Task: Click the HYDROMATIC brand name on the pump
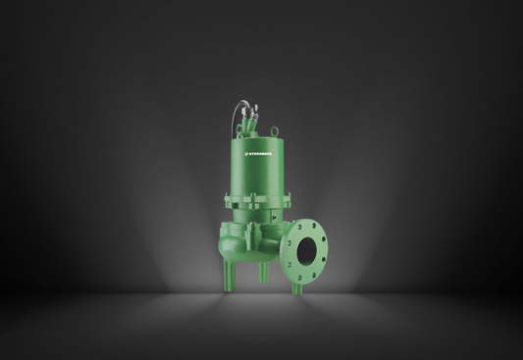(265, 154)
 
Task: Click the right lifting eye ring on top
(277, 129)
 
